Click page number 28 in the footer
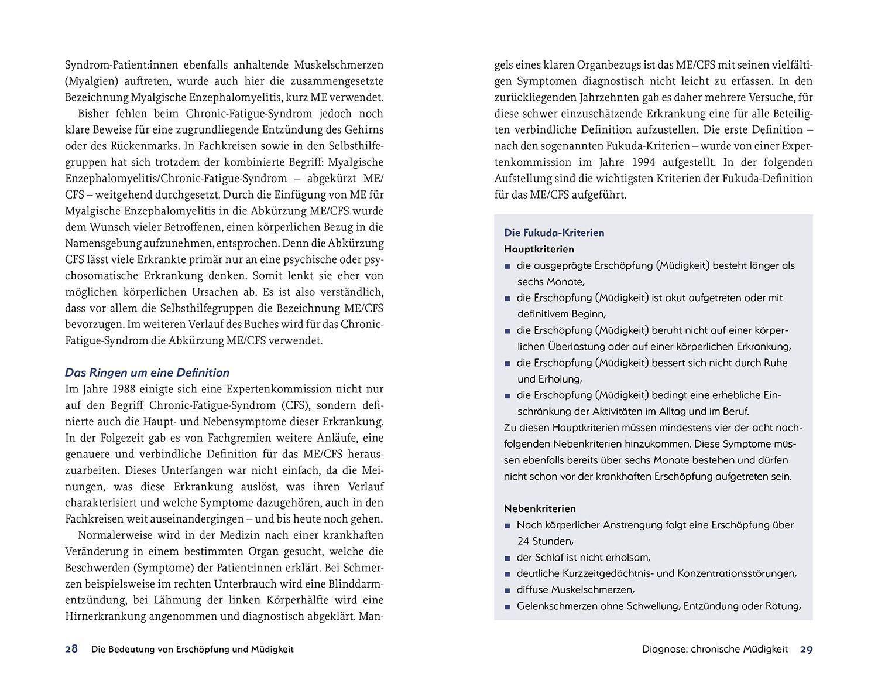pos(71,649)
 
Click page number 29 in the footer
pos(807,649)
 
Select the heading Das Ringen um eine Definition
pos(147,373)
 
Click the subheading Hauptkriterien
pos(539,249)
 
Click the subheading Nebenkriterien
pos(540,508)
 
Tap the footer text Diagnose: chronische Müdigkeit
pos(715,649)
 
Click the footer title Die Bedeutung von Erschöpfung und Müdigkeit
pos(193,649)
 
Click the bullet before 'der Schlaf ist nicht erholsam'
pos(507,558)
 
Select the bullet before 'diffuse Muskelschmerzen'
pos(507,590)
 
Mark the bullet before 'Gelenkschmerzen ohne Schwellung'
pos(507,607)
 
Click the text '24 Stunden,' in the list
pos(545,541)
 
